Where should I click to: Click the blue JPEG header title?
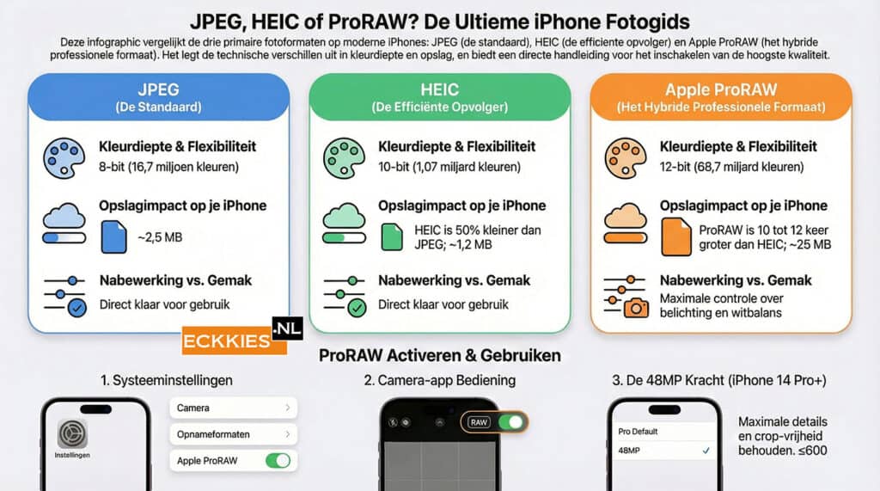pyautogui.click(x=159, y=90)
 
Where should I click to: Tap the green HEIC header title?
pyautogui.click(x=439, y=90)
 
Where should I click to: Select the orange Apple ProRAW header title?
pyautogui.click(x=721, y=90)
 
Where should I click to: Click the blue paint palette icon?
pyautogui.click(x=64, y=159)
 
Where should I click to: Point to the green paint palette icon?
pyautogui.click(x=344, y=159)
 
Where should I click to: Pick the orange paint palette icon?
pyautogui.click(x=626, y=159)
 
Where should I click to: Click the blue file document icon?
pyautogui.click(x=114, y=236)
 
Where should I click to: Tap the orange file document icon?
pyautogui.click(x=675, y=236)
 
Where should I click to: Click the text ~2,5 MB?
pyautogui.click(x=160, y=237)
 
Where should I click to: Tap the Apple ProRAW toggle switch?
pyautogui.click(x=278, y=461)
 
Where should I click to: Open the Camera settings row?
pyautogui.click(x=234, y=408)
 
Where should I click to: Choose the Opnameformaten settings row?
pyautogui.click(x=234, y=434)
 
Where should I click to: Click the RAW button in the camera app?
pyautogui.click(x=479, y=422)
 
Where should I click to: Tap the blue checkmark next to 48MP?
pyautogui.click(x=706, y=451)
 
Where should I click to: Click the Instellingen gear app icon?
pyautogui.click(x=72, y=433)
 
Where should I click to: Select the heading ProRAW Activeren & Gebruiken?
pyautogui.click(x=439, y=356)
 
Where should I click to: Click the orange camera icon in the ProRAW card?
pyautogui.click(x=637, y=307)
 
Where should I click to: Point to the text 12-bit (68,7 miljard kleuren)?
pyautogui.click(x=732, y=167)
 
